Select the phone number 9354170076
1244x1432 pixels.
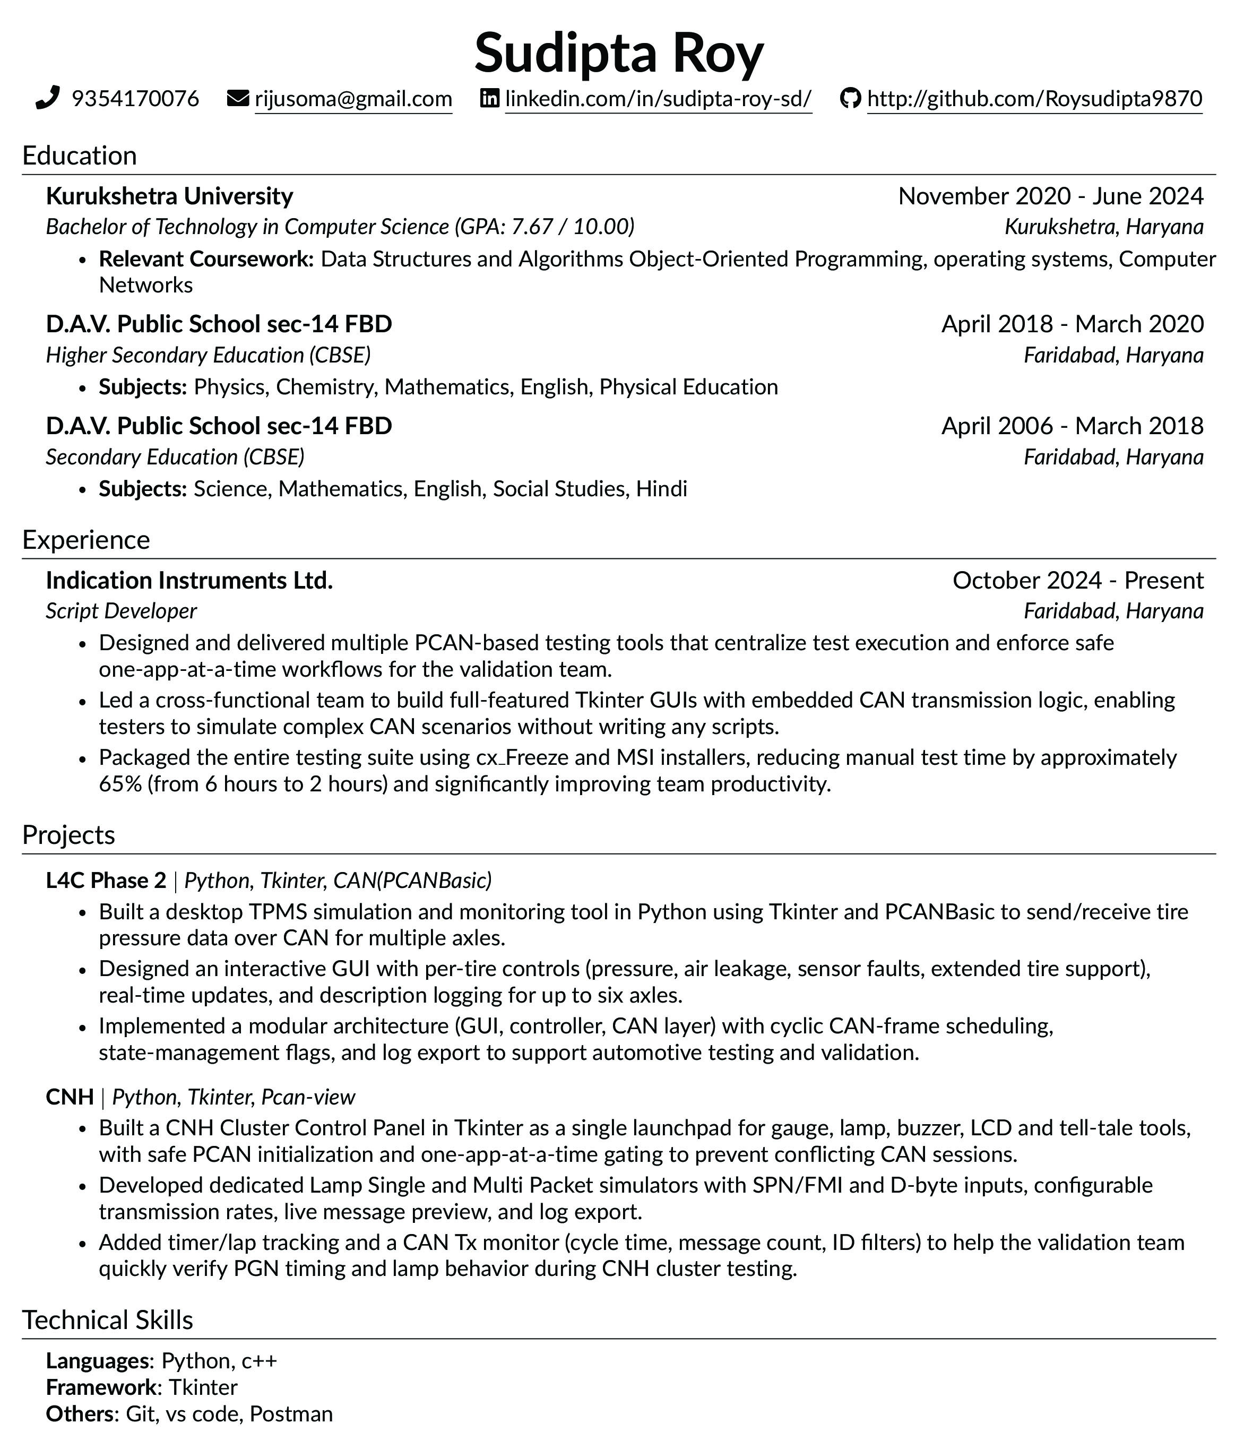[135, 99]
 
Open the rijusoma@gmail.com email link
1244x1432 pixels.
[353, 99]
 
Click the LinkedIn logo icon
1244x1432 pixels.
[489, 99]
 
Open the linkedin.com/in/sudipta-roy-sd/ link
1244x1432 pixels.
[658, 99]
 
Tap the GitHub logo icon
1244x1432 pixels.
[850, 99]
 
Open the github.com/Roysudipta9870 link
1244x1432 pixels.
[1034, 99]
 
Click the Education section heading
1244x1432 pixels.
[80, 156]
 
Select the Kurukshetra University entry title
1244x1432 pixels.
[169, 196]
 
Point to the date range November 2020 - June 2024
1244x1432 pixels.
[1050, 196]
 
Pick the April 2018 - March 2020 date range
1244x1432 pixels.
[1072, 324]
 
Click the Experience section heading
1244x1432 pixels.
[86, 539]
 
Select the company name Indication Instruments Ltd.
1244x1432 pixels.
[189, 580]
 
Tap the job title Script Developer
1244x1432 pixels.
[122, 611]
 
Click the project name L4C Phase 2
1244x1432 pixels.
[106, 880]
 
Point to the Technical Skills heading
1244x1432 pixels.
[108, 1319]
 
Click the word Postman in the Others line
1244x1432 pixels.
[291, 1413]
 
